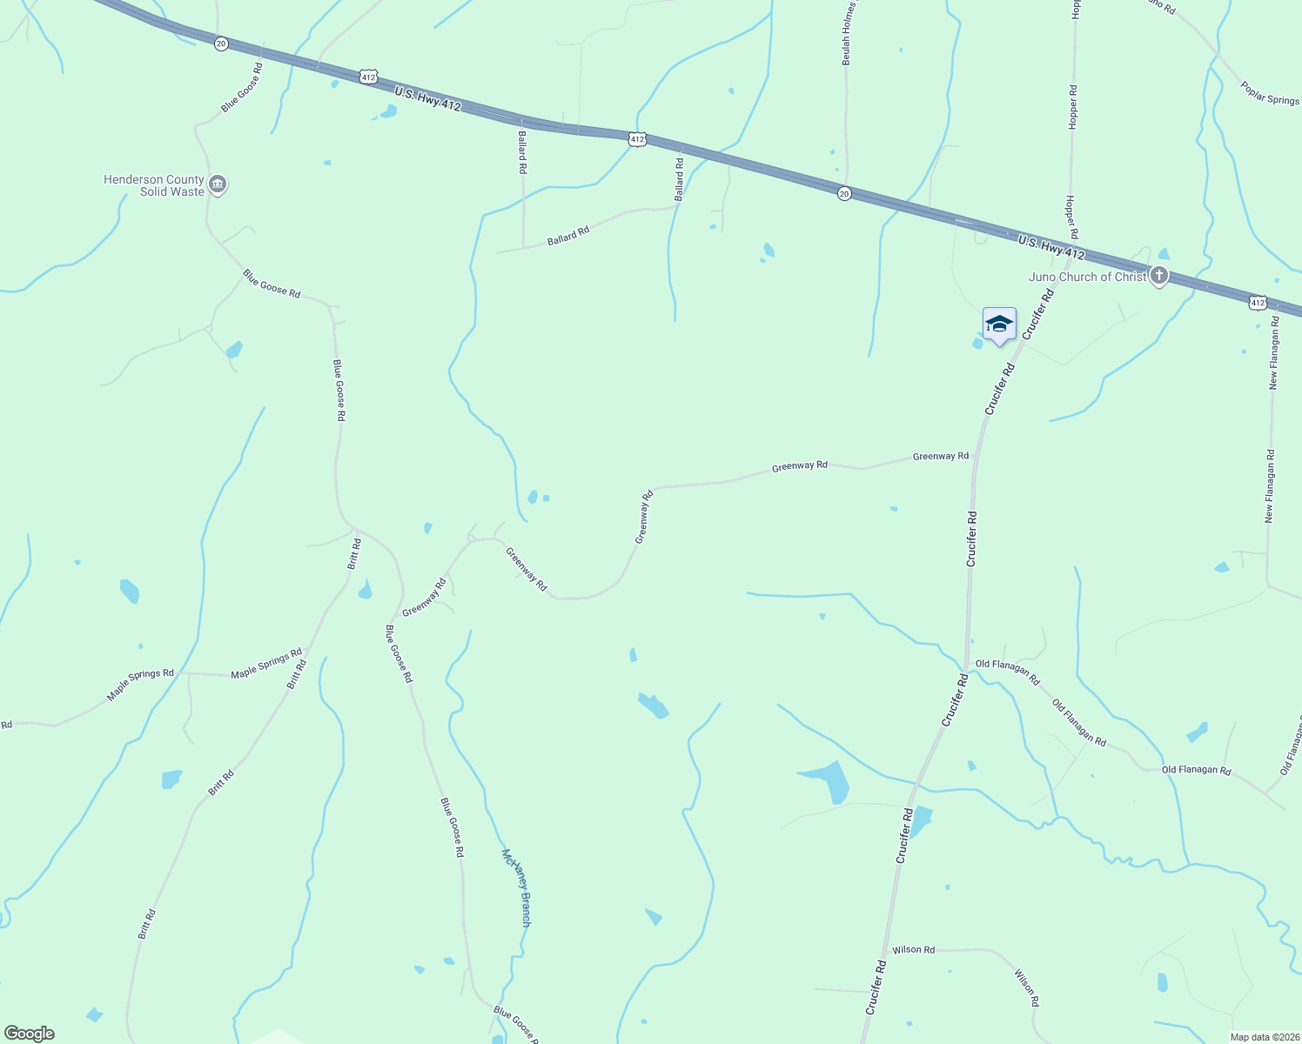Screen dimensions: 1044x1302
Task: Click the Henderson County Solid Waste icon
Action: [218, 184]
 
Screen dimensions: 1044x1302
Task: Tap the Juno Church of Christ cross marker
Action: [1158, 277]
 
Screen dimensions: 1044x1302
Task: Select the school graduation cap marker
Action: [998, 325]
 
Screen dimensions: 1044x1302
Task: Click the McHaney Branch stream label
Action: [516, 887]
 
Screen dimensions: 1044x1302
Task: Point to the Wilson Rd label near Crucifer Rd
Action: [913, 949]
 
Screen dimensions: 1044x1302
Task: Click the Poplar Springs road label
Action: [1270, 94]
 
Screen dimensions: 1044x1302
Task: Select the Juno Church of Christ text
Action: [1087, 277]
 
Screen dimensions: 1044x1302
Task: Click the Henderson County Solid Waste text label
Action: [154, 185]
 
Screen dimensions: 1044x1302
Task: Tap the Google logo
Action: [29, 1034]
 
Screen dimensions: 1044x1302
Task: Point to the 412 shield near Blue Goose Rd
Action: [368, 77]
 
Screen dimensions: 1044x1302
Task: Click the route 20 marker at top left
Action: [221, 43]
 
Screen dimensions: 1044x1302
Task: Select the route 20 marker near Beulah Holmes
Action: [844, 193]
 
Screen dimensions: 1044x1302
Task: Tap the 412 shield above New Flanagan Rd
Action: [1256, 302]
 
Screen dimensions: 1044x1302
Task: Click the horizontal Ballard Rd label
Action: [568, 236]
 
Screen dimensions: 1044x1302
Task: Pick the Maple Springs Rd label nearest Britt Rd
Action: [266, 663]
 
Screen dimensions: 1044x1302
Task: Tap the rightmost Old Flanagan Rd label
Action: [1196, 770]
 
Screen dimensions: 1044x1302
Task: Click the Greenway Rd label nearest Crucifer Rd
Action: [940, 456]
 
